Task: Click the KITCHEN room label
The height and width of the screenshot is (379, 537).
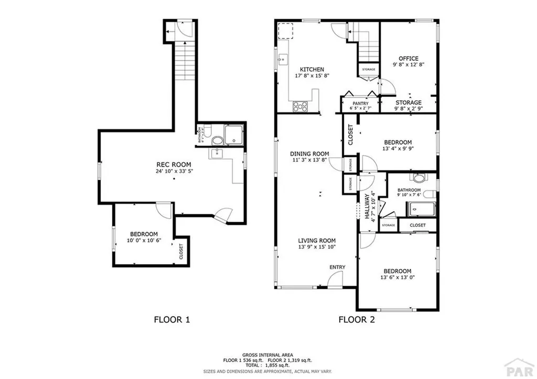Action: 312,70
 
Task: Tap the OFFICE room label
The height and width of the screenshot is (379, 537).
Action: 408,59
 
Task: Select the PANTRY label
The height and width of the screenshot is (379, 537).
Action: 360,103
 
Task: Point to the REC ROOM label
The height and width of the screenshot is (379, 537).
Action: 169,165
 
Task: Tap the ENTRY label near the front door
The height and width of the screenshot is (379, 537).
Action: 337,267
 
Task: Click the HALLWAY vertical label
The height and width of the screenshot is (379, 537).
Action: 367,207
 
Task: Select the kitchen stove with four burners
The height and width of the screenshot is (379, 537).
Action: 300,106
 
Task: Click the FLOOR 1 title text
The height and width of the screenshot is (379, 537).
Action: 171,319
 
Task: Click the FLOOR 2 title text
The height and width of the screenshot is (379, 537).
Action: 356,319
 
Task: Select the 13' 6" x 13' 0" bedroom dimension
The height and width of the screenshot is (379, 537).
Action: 398,277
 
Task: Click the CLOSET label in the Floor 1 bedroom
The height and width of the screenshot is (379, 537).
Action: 181,252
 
